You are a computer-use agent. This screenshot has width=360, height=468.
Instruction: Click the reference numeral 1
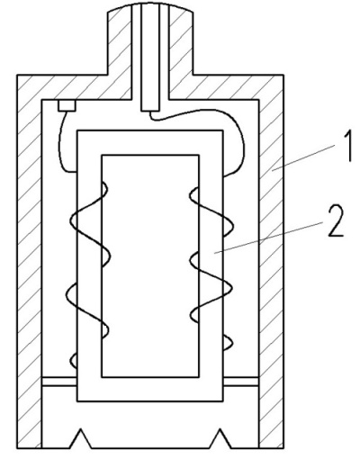[346, 148]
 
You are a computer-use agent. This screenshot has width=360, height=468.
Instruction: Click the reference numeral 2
[336, 220]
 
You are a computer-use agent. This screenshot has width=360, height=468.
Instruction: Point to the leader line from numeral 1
[303, 157]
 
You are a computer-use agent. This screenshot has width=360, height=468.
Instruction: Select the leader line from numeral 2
[268, 238]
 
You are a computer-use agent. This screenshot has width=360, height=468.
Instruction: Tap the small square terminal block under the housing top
[67, 105]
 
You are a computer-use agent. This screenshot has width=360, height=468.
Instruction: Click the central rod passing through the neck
[150, 57]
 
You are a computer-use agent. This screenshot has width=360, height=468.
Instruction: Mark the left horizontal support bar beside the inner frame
[59, 382]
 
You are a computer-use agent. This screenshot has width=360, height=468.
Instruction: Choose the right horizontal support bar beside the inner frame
[241, 382]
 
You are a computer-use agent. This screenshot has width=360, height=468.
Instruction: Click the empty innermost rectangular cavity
[150, 265]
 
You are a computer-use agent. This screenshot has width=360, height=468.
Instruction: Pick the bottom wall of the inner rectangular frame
[150, 389]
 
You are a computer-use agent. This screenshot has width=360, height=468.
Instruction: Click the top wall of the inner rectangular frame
[150, 143]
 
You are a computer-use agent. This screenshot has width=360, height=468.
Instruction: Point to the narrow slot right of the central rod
[165, 51]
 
